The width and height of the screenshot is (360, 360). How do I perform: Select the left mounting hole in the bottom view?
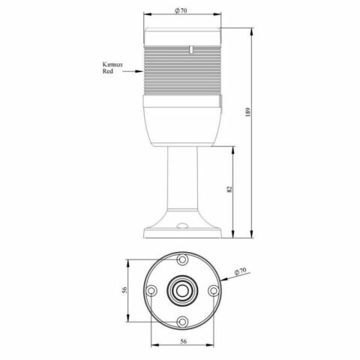(151, 290)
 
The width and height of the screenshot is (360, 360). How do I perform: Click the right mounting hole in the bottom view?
(212, 290)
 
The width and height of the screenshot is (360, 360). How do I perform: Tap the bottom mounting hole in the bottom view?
(181, 321)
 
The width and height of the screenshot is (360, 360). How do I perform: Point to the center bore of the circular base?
(181, 290)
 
